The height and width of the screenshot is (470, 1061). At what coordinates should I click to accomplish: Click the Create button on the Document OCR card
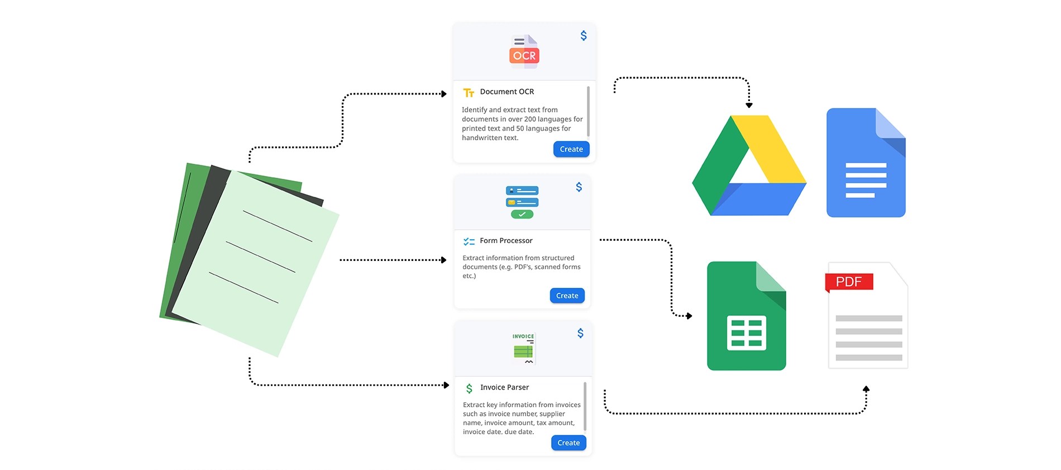571,149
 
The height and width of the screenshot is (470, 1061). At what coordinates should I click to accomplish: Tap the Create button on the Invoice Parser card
568,443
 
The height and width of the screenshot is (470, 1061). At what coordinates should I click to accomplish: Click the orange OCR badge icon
524,55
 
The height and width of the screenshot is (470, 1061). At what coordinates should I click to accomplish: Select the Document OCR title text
506,92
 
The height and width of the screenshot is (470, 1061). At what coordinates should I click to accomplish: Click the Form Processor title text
506,240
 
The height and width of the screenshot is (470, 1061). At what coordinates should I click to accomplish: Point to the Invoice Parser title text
504,387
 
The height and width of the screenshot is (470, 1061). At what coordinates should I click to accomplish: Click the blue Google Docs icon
866,163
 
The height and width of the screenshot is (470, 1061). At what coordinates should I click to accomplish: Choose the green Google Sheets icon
746,316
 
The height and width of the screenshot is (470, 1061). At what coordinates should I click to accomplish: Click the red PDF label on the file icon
849,282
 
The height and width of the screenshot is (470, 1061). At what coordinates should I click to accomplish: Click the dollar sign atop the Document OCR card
584,36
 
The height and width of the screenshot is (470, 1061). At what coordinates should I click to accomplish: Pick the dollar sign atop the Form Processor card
579,187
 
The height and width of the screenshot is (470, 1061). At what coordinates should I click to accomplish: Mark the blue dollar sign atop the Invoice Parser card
581,333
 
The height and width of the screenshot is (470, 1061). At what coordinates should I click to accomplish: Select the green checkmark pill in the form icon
522,214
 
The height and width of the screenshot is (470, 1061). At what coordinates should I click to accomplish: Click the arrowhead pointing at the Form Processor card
443,260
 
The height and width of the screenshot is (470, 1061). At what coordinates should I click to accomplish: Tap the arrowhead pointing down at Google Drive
749,105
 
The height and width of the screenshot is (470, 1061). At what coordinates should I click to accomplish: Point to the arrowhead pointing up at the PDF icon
866,388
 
